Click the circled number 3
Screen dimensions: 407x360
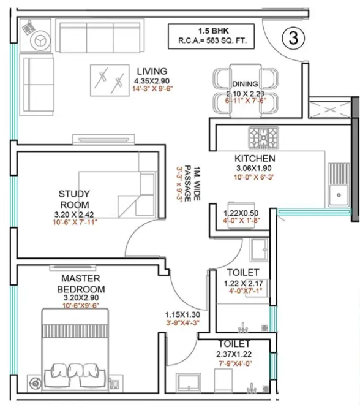tap(293, 37)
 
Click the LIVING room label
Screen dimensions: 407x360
tap(152, 70)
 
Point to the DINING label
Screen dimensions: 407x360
tap(244, 84)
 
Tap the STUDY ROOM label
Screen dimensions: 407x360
tap(74, 199)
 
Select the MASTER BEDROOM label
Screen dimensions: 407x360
tap(81, 284)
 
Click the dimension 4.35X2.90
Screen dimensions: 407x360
tap(152, 80)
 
